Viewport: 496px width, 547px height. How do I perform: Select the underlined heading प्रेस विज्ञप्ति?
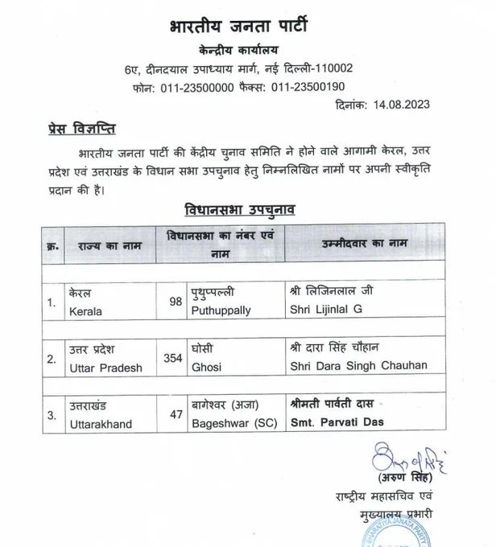click(73, 130)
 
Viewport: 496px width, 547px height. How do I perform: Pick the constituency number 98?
click(176, 302)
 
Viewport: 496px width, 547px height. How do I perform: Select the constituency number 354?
click(172, 358)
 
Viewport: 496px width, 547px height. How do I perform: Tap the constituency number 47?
click(176, 415)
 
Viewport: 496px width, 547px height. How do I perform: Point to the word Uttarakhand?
click(102, 422)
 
